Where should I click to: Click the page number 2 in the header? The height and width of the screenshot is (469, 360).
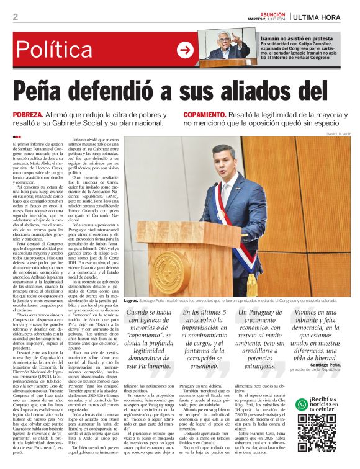[15, 17]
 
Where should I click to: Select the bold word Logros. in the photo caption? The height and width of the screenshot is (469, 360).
[131, 317]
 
